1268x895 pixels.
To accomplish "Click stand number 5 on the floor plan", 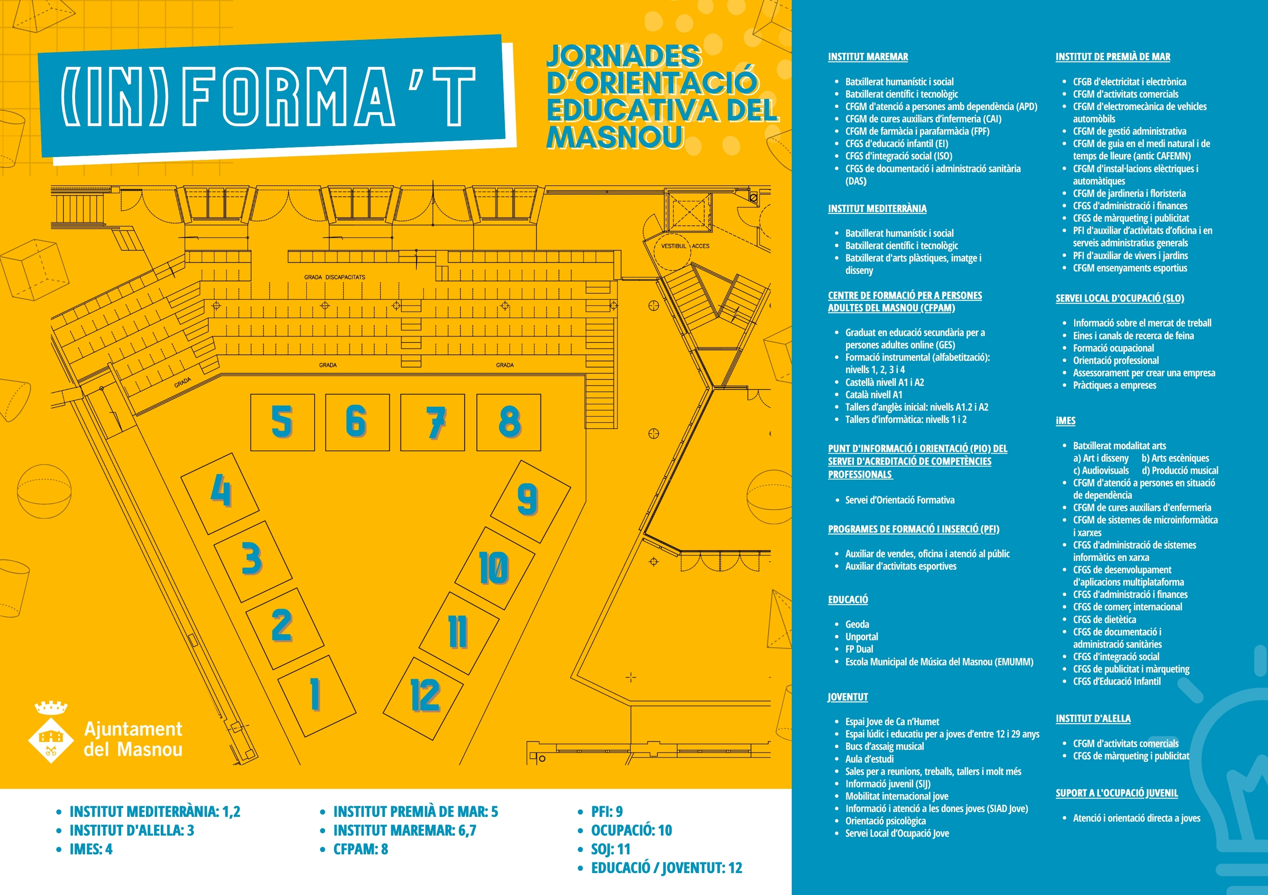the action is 282,422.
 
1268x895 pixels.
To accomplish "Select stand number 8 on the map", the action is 509,422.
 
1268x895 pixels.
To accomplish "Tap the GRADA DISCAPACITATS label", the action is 334,277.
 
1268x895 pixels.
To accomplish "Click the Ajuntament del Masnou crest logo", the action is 51,733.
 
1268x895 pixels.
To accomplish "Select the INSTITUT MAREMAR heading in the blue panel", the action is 868,57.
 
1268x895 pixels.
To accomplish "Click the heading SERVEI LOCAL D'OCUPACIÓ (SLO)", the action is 1120,298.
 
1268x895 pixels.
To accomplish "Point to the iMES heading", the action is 1065,421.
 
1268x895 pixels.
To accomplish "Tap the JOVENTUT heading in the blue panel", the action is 848,697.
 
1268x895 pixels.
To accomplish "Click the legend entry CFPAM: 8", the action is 361,849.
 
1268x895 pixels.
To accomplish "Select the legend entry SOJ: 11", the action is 611,849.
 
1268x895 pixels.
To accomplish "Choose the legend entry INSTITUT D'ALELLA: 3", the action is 132,830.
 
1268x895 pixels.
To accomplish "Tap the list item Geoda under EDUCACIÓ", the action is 857,624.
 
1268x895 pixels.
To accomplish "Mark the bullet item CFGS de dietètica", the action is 1104,620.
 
